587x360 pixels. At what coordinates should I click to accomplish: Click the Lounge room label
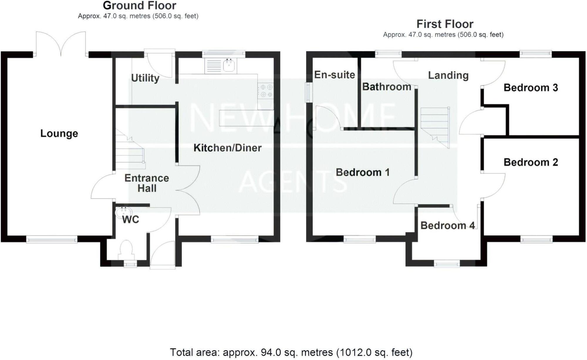pyautogui.click(x=59, y=134)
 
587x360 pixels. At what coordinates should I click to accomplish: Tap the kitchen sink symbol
pyautogui.click(x=229, y=65)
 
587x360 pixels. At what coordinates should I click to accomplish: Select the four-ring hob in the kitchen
pyautogui.click(x=266, y=91)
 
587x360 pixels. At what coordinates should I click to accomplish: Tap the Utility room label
pyautogui.click(x=145, y=78)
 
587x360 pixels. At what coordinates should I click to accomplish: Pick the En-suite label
pyautogui.click(x=334, y=75)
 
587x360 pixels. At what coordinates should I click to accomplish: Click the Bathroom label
pyautogui.click(x=387, y=87)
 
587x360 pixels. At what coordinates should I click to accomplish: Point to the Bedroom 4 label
pyautogui.click(x=447, y=226)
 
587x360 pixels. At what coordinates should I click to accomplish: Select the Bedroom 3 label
pyautogui.click(x=531, y=88)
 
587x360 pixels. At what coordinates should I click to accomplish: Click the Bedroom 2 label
pyautogui.click(x=531, y=162)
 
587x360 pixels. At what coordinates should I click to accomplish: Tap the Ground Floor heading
pyautogui.click(x=139, y=6)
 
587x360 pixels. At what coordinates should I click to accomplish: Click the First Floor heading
pyautogui.click(x=445, y=24)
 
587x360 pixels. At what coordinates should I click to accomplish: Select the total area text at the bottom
pyautogui.click(x=291, y=352)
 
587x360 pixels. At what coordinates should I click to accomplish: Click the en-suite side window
pyautogui.click(x=308, y=92)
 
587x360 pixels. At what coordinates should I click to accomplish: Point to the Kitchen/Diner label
pyautogui.click(x=227, y=148)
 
